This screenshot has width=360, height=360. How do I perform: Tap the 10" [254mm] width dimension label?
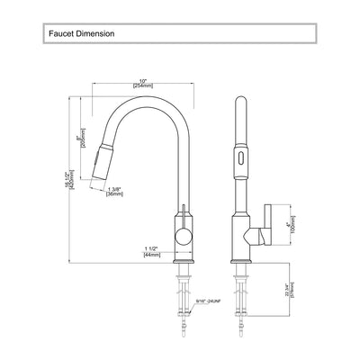[141, 80]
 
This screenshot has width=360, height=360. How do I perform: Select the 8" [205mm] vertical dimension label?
[82, 142]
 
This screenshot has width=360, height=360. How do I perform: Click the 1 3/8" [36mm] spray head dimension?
[114, 191]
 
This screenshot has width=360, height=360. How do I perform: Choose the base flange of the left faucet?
[184, 261]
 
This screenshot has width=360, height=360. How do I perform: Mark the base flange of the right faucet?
[242, 261]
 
